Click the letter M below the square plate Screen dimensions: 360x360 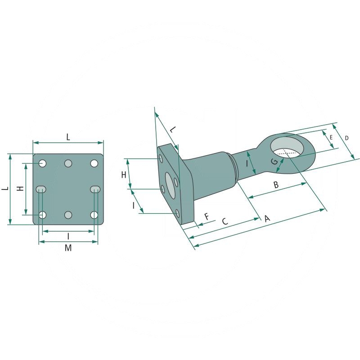tap(68, 248)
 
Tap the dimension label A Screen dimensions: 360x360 tap(267, 218)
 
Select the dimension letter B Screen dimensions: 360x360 tap(276, 184)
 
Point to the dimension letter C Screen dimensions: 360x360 tap(225, 221)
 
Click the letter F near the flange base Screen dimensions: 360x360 tap(207, 216)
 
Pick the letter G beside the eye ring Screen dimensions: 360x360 tap(274, 162)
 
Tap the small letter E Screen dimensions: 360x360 tap(331, 138)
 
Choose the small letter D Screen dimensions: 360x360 tap(346, 138)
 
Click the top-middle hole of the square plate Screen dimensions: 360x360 tap(68, 163)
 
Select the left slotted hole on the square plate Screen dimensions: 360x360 tap(41, 189)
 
